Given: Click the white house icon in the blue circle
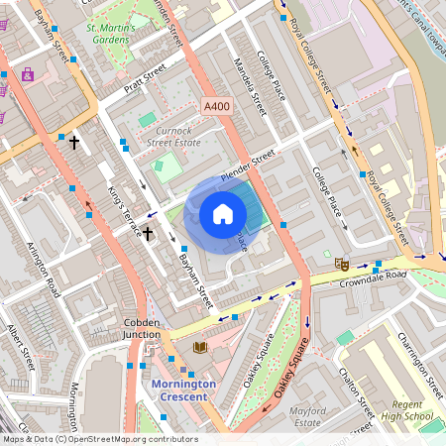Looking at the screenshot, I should tap(223, 214).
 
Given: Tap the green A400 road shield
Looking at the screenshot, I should tap(216, 105).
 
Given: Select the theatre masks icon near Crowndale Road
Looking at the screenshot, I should tap(341, 264).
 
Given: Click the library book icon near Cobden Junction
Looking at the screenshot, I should tap(200, 347).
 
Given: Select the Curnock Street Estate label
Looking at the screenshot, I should tap(174, 136).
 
